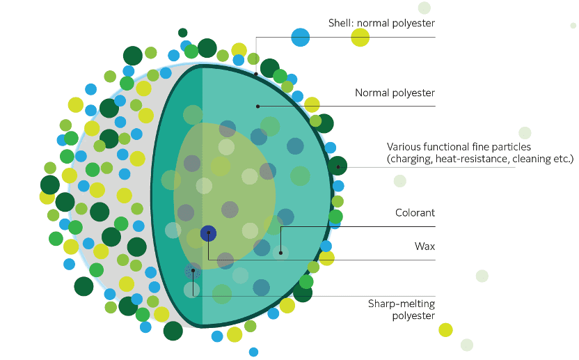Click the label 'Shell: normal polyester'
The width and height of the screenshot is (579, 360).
(x=381, y=23)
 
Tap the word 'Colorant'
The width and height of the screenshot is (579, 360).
(x=415, y=213)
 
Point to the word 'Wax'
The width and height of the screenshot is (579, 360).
(x=425, y=246)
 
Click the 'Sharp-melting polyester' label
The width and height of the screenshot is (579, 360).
(x=402, y=310)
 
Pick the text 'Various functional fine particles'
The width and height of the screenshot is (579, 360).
(x=459, y=147)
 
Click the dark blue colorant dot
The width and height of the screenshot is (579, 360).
(x=208, y=233)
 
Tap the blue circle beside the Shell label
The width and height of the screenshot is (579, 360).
(x=300, y=37)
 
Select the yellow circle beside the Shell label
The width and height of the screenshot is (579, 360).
(x=360, y=38)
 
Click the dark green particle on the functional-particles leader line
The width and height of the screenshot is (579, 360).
(x=338, y=166)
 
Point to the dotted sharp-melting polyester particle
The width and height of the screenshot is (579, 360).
(x=193, y=270)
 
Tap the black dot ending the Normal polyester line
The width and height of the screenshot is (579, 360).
(x=257, y=107)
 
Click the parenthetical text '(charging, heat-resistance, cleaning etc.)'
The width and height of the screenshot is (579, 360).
(x=479, y=159)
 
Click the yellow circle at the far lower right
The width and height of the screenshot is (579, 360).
(x=445, y=329)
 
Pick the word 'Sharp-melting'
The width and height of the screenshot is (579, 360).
(x=402, y=304)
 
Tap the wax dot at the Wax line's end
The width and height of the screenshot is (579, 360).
(x=280, y=252)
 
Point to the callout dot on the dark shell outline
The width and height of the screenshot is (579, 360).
(x=256, y=72)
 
